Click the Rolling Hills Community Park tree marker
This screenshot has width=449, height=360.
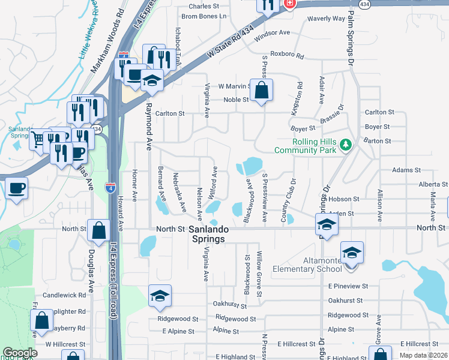(x=345, y=144)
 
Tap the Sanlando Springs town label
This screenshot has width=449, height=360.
(x=207, y=234)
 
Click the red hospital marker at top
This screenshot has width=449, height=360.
(x=290, y=3)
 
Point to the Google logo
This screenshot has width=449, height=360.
(x=20, y=353)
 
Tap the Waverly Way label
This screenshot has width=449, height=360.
(x=326, y=19)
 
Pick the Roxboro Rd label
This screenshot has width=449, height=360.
(x=287, y=55)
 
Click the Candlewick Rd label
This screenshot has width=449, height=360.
(x=64, y=295)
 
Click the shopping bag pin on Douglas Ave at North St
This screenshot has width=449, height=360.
(x=98, y=230)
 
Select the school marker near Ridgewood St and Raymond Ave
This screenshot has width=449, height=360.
(x=160, y=295)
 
